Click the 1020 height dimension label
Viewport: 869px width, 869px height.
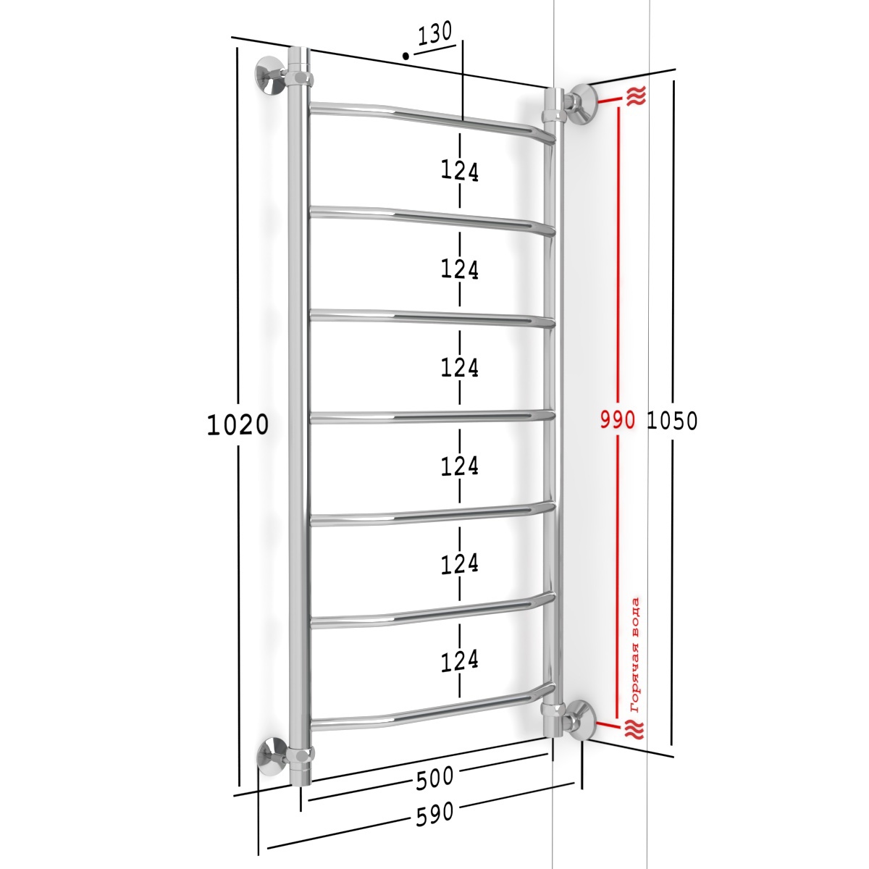pyautogui.click(x=238, y=425)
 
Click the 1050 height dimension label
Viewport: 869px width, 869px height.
pyautogui.click(x=672, y=421)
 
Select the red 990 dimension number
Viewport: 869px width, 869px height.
pyautogui.click(x=618, y=420)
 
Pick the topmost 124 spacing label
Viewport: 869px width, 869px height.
pyautogui.click(x=460, y=172)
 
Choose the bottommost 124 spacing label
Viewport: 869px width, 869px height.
pyautogui.click(x=460, y=661)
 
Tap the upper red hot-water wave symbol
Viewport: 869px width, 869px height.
pyautogui.click(x=636, y=97)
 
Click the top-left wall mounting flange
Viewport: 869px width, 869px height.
pyautogui.click(x=269, y=75)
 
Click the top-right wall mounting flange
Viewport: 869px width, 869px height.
pyautogui.click(x=583, y=104)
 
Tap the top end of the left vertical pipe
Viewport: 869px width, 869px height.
pyautogui.click(x=298, y=47)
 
